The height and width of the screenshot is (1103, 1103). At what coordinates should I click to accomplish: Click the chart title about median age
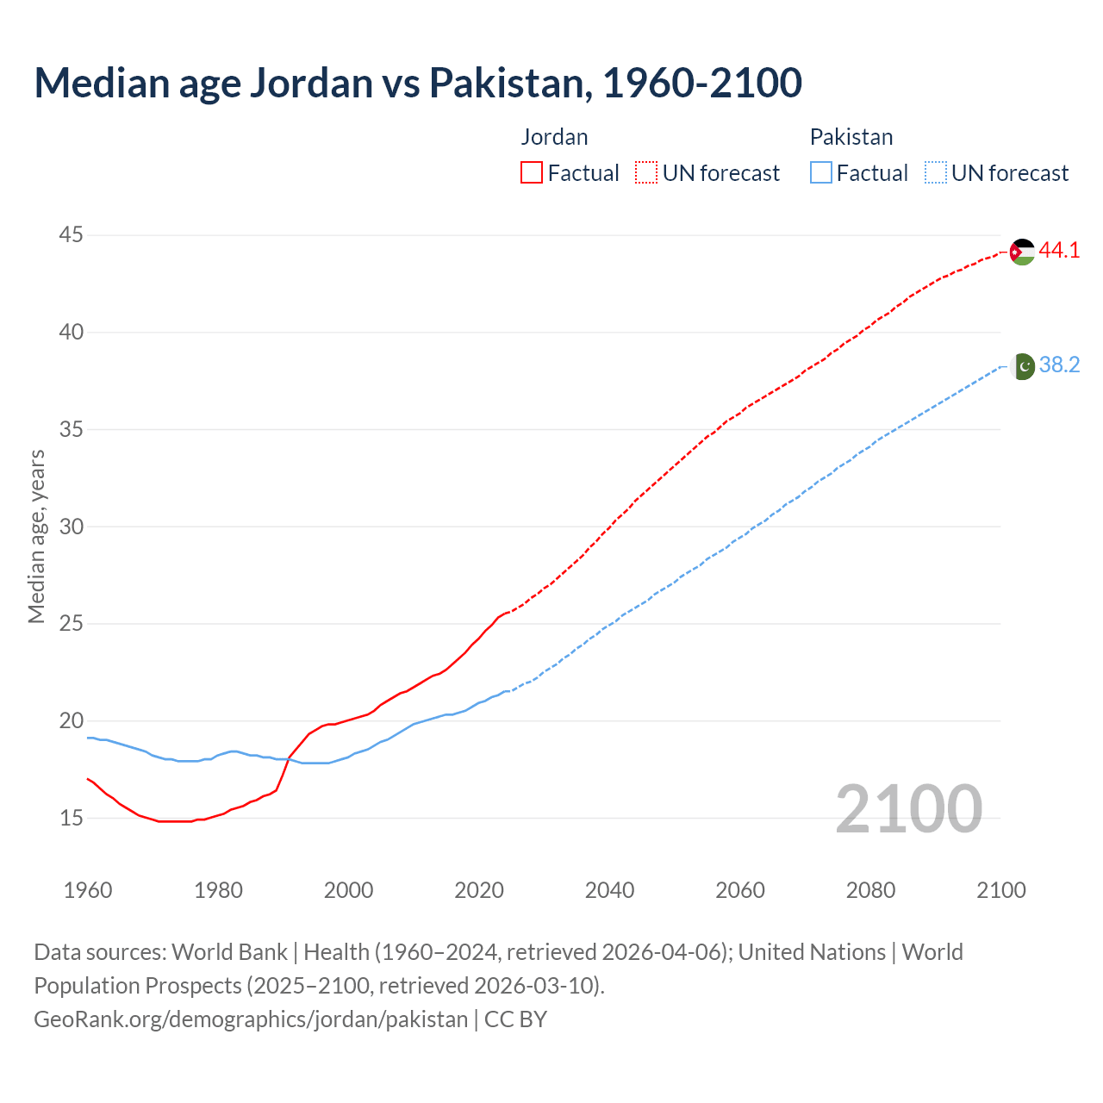point(418,83)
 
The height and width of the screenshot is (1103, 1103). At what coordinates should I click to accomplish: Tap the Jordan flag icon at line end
point(1022,252)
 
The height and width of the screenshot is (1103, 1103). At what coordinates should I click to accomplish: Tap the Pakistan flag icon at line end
point(1022,366)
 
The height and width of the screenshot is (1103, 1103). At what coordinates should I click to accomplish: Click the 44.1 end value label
point(1059,251)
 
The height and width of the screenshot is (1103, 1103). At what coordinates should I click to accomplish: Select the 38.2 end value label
point(1059,365)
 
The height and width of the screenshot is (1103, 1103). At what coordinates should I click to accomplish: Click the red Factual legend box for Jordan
point(532,172)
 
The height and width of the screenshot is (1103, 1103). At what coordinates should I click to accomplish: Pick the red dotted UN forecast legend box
point(646,172)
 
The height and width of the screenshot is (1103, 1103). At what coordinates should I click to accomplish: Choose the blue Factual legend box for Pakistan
point(821,172)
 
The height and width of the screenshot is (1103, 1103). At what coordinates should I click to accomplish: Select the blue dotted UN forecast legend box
point(935,172)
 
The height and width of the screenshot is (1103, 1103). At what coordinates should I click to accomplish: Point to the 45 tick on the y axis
point(72,234)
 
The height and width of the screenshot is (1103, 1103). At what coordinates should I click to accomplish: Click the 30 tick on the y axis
point(72,526)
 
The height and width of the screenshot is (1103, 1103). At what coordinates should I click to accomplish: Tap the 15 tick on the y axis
point(72,818)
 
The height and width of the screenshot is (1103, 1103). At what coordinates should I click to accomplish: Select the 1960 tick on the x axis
point(88,890)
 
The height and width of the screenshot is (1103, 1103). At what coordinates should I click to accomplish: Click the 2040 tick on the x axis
point(609,890)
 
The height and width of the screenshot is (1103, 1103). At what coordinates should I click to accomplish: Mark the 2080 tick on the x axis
point(870,890)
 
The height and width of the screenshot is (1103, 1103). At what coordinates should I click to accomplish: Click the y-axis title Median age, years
point(36,536)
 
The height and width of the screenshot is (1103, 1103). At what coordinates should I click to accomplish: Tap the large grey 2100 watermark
point(908,809)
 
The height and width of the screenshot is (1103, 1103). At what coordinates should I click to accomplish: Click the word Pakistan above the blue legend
point(851,137)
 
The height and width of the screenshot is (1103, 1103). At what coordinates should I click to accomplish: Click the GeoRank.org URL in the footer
point(251,1019)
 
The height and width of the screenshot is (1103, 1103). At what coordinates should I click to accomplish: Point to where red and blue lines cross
point(289,758)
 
